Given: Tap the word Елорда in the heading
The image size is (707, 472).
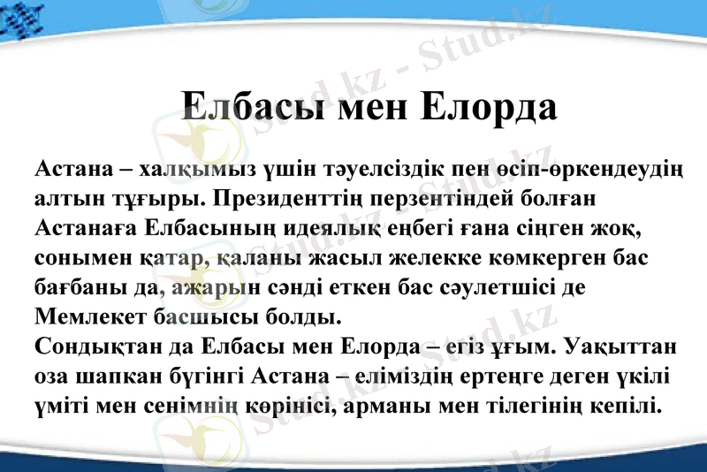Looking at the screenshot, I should click(488, 106).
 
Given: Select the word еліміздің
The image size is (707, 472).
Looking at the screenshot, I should click(410, 374).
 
